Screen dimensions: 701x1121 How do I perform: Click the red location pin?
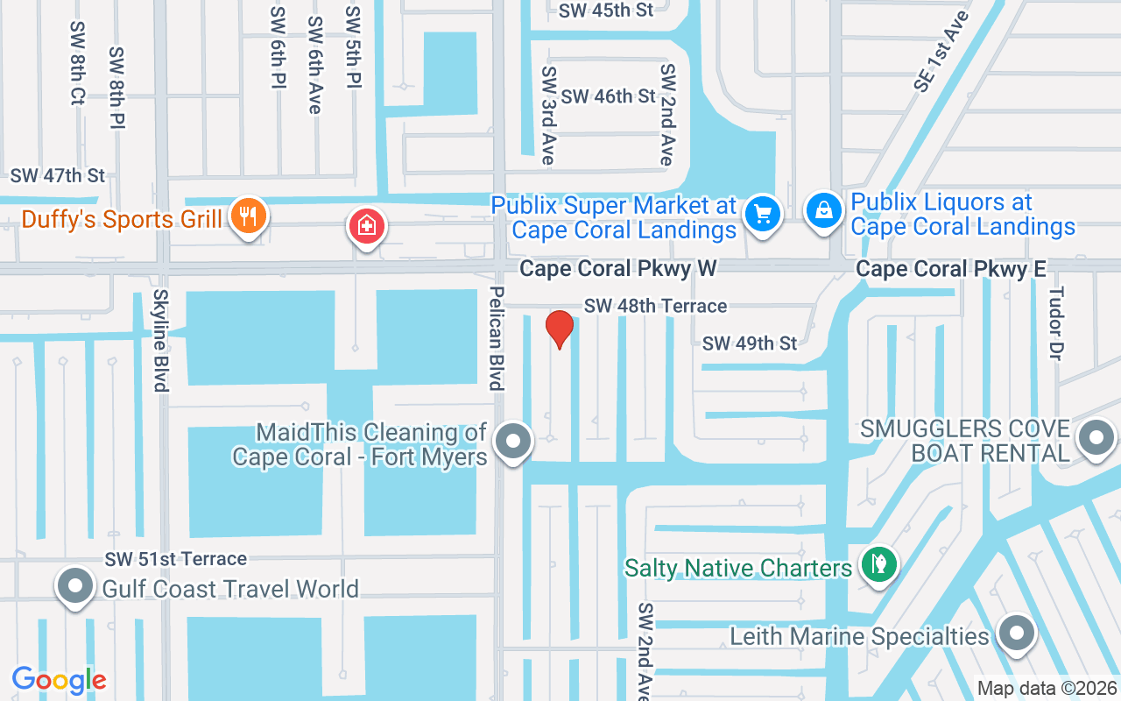click(x=559, y=329)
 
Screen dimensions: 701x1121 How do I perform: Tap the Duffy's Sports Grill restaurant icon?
click(x=249, y=216)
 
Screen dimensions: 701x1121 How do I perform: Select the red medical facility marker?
click(x=368, y=227)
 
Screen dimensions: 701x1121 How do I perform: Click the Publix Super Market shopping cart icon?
click(x=762, y=213)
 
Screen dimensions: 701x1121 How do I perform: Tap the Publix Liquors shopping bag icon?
click(x=824, y=211)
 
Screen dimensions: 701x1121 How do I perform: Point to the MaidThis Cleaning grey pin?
click(x=513, y=441)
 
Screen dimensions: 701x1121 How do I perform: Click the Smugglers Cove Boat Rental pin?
click(x=1096, y=437)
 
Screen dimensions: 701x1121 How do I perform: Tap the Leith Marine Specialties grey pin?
click(x=1016, y=633)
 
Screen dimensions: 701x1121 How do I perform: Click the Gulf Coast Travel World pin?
click(x=75, y=585)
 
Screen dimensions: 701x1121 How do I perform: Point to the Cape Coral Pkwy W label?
click(x=617, y=268)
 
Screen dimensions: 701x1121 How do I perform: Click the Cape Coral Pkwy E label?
click(x=951, y=268)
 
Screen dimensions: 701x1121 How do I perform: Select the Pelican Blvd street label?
click(x=497, y=338)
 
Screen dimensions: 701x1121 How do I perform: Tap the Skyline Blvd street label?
click(x=161, y=340)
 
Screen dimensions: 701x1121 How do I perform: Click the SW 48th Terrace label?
click(x=655, y=306)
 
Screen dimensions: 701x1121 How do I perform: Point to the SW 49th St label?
click(x=750, y=343)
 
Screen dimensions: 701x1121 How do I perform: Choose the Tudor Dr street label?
click(x=1055, y=322)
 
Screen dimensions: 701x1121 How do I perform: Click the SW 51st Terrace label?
click(x=176, y=558)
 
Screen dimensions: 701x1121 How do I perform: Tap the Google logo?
click(x=59, y=680)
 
